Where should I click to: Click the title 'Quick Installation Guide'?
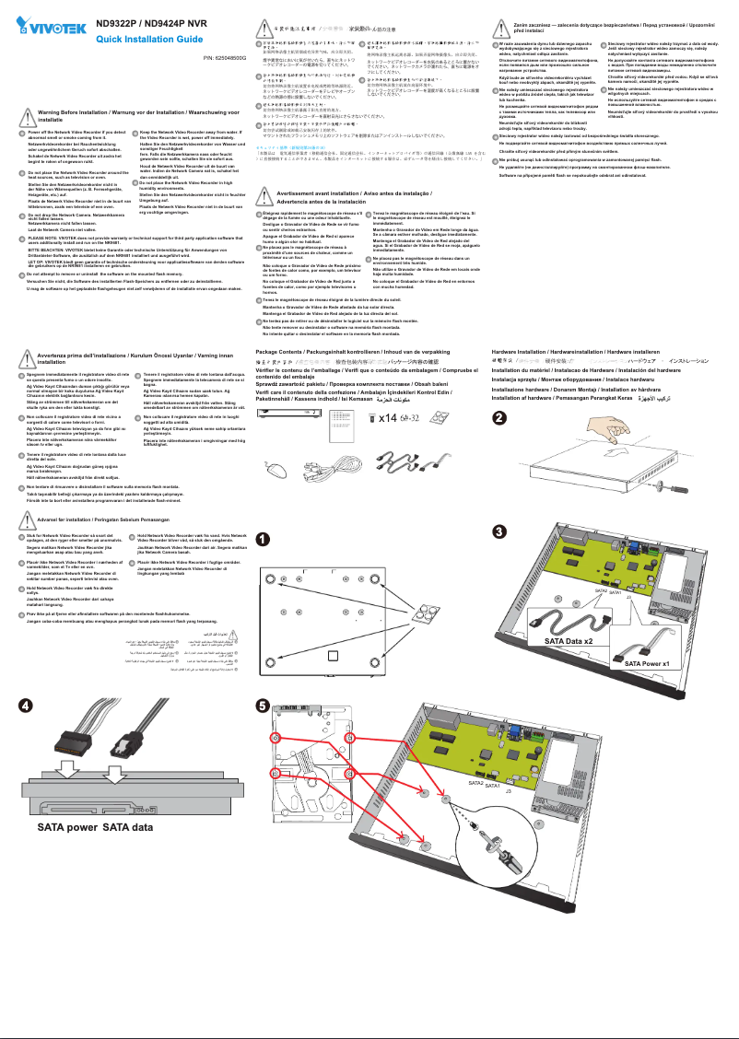[x=149, y=40]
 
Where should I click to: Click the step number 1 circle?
[x=263, y=539]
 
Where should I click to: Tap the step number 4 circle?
[x=29, y=705]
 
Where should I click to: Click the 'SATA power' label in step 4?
[x=67, y=827]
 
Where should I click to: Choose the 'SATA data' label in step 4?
[x=127, y=827]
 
